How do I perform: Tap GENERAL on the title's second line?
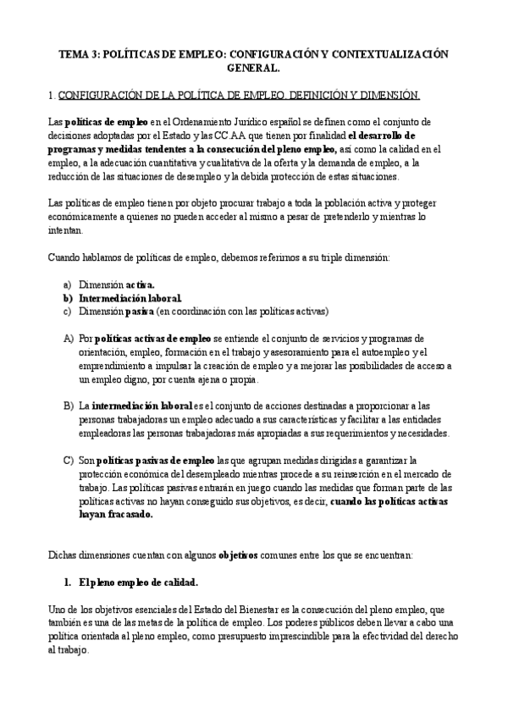tap(253, 68)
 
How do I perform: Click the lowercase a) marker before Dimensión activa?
tap(68, 285)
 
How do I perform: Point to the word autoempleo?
tap(369, 351)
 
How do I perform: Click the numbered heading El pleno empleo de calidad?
tap(139, 583)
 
